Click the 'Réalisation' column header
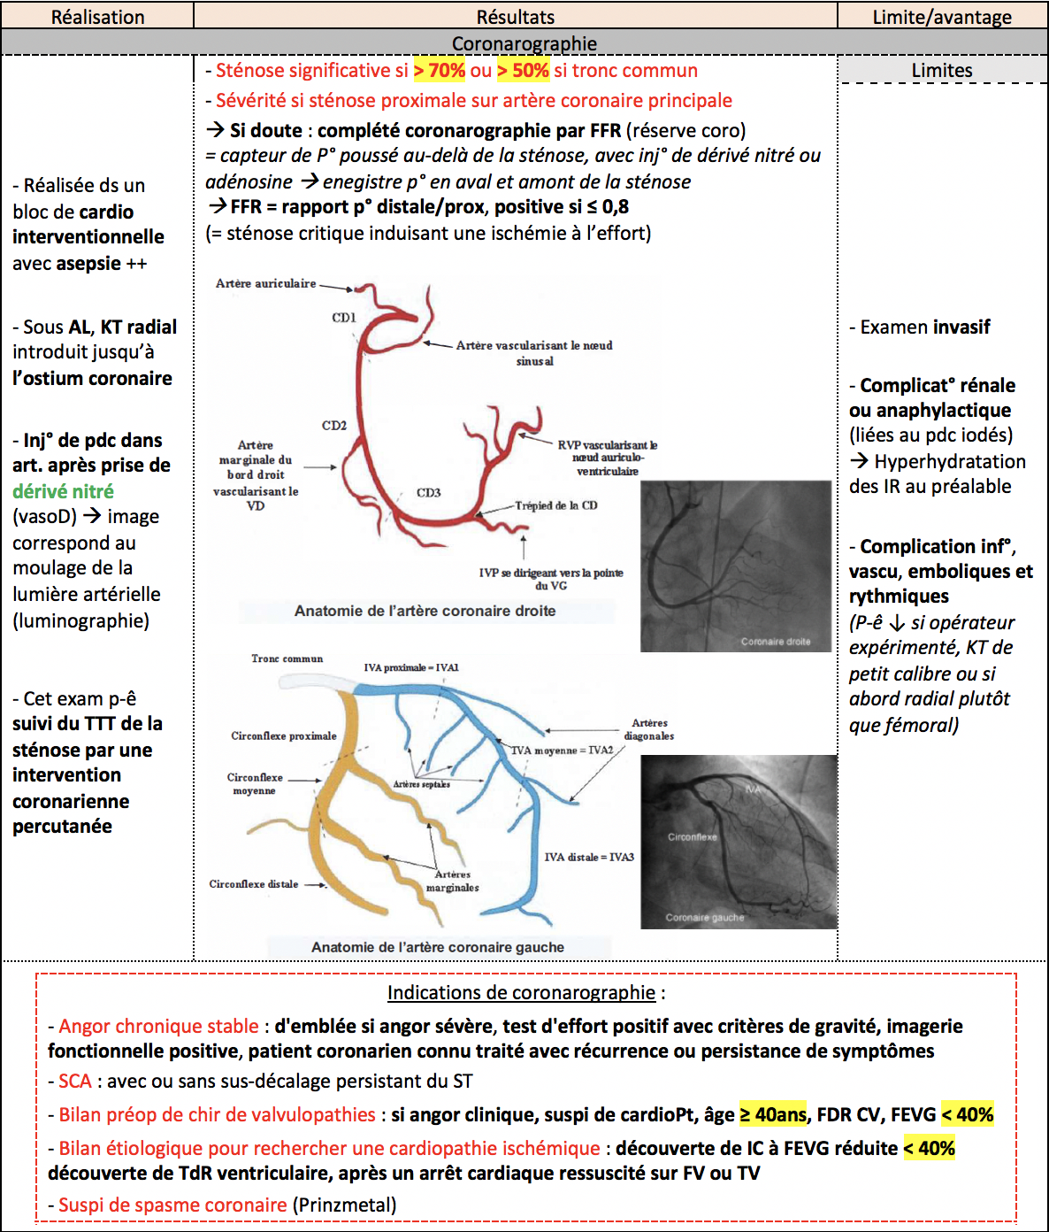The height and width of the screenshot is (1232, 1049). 97,17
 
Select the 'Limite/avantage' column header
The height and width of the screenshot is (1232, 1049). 942,17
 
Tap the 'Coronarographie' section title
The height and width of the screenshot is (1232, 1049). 524,43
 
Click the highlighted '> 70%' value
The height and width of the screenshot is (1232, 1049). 440,71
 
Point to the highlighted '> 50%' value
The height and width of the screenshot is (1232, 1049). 523,71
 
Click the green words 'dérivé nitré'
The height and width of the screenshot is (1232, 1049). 63,491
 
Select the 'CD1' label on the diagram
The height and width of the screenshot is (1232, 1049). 344,318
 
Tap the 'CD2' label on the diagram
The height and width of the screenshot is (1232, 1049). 334,426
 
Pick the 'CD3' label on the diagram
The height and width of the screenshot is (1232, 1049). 429,492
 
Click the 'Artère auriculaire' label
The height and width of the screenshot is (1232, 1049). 265,283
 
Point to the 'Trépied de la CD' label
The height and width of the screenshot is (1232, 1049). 556,505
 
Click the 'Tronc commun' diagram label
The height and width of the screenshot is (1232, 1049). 287,658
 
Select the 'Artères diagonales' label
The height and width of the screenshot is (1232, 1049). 649,729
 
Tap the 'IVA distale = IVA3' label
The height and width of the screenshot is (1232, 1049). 589,857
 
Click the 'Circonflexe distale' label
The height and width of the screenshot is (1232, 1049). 254,884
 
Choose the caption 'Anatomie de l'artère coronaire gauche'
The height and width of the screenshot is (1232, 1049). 438,947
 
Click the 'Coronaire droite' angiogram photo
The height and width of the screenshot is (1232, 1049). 736,566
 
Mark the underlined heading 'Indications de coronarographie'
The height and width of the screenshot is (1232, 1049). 522,993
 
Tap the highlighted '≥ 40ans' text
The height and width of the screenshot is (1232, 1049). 773,1115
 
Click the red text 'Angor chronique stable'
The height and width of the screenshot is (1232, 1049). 159,1027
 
